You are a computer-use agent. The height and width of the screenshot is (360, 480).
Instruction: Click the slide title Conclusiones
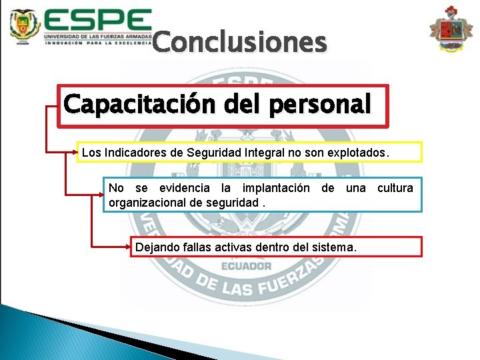point(239,43)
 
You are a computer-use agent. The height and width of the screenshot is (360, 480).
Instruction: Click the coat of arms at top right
point(451,29)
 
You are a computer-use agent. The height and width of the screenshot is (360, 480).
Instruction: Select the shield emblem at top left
point(25,26)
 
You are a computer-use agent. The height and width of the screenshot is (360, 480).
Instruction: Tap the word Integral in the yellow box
point(266,153)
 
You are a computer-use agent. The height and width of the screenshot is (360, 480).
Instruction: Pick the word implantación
point(275,188)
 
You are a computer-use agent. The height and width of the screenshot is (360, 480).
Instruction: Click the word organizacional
point(149,201)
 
